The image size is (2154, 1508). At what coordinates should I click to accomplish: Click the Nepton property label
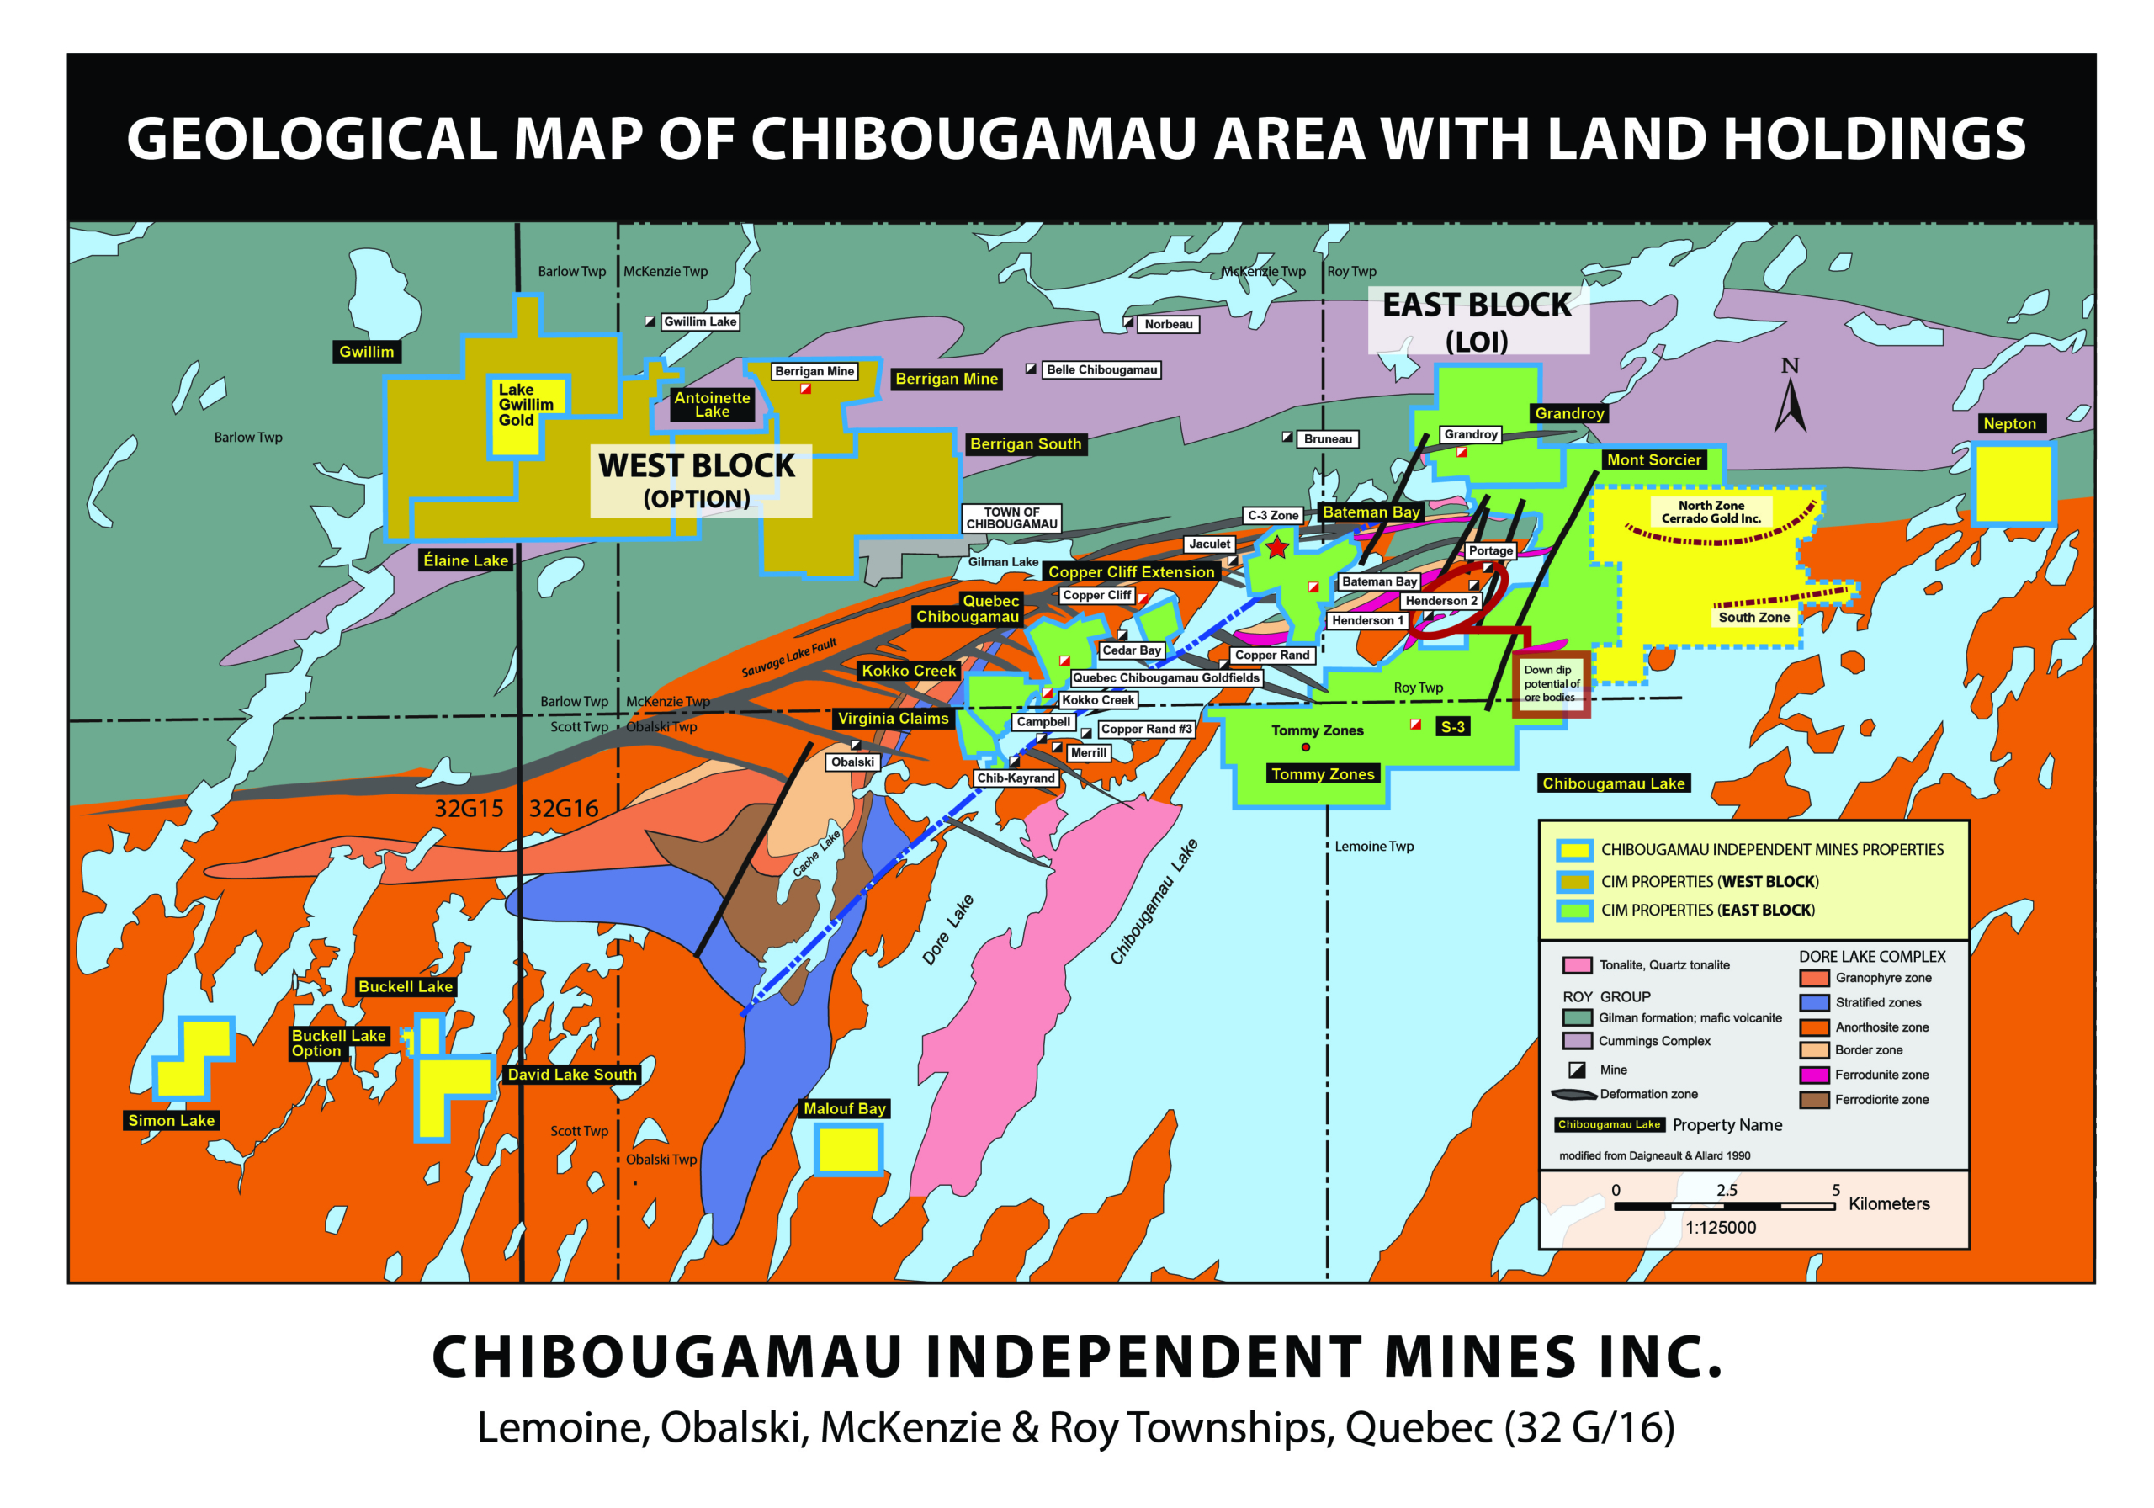(2008, 423)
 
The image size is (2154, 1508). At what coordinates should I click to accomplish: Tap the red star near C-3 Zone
(1276, 547)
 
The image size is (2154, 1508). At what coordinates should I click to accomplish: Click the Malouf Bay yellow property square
(848, 1149)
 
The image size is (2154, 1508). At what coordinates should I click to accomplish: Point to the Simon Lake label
(172, 1120)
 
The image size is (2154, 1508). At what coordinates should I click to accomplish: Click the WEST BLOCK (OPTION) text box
(699, 481)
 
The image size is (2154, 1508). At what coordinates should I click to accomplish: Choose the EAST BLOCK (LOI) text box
(1477, 321)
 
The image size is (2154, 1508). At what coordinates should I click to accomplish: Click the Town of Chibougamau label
(1011, 518)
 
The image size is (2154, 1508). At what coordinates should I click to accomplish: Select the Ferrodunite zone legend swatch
(1813, 1075)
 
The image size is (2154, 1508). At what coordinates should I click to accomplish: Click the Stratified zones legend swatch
(1813, 1002)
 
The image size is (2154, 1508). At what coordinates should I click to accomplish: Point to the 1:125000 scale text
(1720, 1228)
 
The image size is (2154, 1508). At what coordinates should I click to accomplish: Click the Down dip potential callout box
(1551, 683)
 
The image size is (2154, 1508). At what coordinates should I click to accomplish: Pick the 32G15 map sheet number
(469, 809)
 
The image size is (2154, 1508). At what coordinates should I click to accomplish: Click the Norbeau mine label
(1168, 324)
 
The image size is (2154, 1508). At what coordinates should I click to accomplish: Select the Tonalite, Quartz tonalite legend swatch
(1577, 964)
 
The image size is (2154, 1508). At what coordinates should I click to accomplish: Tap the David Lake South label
(571, 1075)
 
